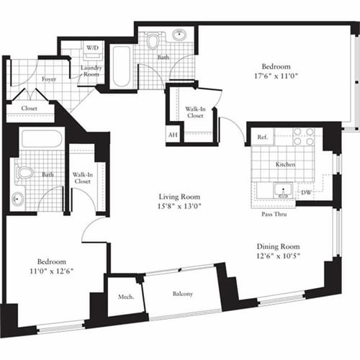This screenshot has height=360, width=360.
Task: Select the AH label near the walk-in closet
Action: (x=172, y=135)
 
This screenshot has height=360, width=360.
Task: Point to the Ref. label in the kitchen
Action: (x=262, y=135)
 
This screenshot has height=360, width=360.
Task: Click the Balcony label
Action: (x=181, y=294)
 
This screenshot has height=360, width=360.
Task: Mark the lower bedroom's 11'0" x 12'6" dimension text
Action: (x=52, y=271)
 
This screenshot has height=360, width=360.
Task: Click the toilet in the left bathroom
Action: (x=24, y=173)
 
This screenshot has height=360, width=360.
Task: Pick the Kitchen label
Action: (x=286, y=165)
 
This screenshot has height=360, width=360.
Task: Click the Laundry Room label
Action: (x=91, y=72)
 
